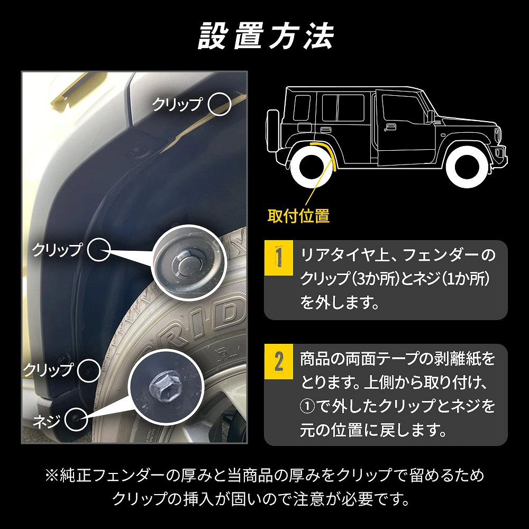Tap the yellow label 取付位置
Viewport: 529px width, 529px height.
click(299, 216)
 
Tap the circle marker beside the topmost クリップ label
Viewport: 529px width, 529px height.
click(220, 104)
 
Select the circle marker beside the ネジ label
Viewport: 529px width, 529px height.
click(75, 419)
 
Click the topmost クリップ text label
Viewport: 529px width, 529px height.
click(177, 104)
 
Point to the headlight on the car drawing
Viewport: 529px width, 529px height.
click(497, 135)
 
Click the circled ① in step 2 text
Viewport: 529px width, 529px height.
click(308, 405)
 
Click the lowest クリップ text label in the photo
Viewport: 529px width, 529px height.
click(47, 369)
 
